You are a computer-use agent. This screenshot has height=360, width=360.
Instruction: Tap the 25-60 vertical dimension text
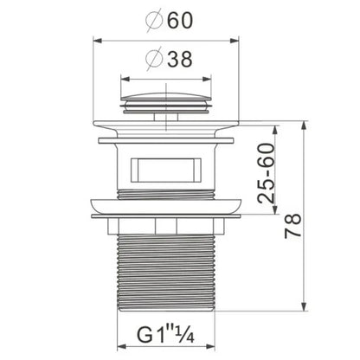(266, 174)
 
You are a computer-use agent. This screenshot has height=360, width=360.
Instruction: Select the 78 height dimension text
(292, 226)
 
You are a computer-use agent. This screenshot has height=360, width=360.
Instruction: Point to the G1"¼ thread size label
(165, 334)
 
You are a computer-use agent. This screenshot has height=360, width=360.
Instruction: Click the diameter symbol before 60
(154, 21)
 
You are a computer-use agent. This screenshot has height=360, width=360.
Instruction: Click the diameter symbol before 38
(154, 60)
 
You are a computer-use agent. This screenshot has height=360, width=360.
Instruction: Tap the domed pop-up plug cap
(166, 103)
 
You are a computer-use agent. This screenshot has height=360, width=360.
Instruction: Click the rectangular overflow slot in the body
(166, 170)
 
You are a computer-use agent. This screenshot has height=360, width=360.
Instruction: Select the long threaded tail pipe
(166, 273)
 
